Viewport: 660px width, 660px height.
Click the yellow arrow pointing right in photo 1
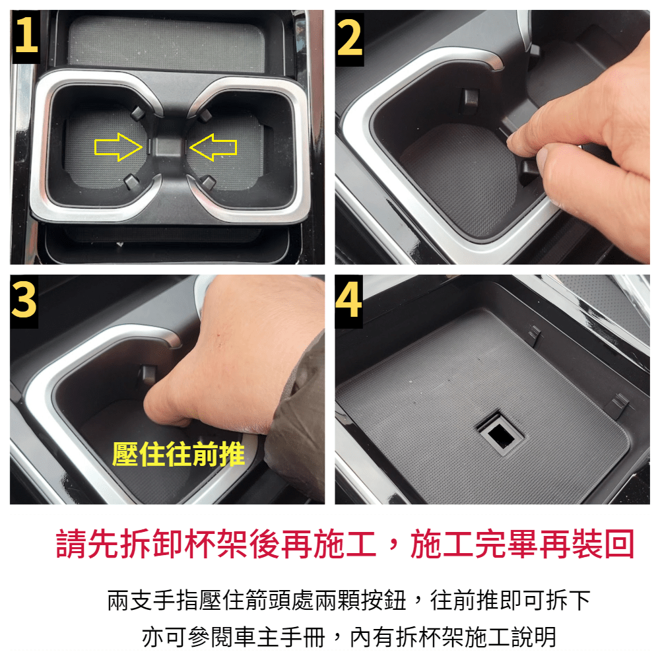pos(118,147)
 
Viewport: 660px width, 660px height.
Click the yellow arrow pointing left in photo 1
pos(213,147)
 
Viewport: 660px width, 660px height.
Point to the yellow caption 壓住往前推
pos(178,454)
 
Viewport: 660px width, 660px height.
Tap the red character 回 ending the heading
pos(619,544)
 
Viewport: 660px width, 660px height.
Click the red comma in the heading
pos(392,547)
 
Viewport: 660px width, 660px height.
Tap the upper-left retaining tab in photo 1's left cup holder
pos(138,113)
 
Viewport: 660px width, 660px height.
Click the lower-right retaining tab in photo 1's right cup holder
pos(207,183)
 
